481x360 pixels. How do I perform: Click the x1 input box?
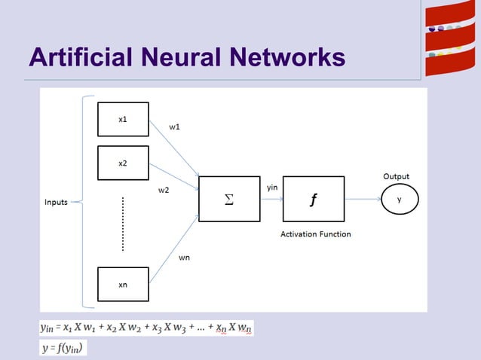123,119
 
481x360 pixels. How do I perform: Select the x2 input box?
123,163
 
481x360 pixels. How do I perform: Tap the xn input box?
123,285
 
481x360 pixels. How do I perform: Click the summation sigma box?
229,199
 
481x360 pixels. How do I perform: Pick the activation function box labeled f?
314,199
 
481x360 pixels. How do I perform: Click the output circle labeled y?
399,200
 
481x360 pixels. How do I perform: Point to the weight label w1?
174,127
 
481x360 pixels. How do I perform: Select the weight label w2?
163,191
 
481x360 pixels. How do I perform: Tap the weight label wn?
184,258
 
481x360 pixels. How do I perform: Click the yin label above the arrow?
272,185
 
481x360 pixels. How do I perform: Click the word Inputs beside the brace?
57,202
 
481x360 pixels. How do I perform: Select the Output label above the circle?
397,176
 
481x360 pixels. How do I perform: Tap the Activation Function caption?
315,234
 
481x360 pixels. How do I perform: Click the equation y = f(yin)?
63,347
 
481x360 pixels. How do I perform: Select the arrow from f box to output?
362,200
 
